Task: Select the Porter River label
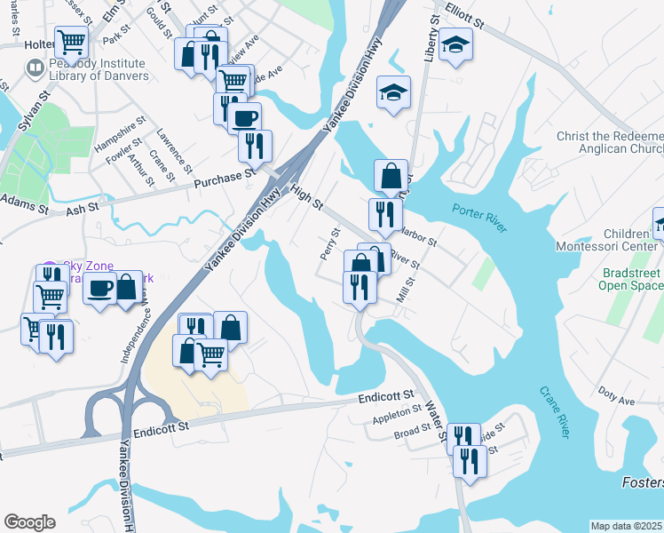[x=479, y=218]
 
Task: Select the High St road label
[x=305, y=198]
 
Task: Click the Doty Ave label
[x=616, y=396]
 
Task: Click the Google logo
[x=29, y=522]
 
